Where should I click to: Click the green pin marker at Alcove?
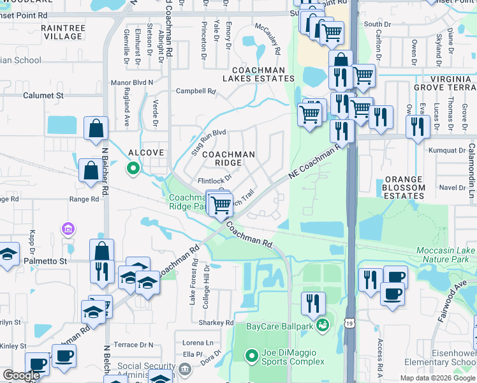pyautogui.click(x=133, y=169)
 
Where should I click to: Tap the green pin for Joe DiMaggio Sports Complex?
pyautogui.click(x=252, y=355)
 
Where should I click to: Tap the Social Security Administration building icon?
pyautogui.click(x=184, y=368)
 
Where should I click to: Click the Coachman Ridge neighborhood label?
pyautogui.click(x=228, y=158)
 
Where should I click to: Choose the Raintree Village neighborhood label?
pyautogui.click(x=61, y=32)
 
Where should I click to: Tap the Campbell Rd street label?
pyautogui.click(x=196, y=91)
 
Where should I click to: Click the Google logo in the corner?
pyautogui.click(x=21, y=375)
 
